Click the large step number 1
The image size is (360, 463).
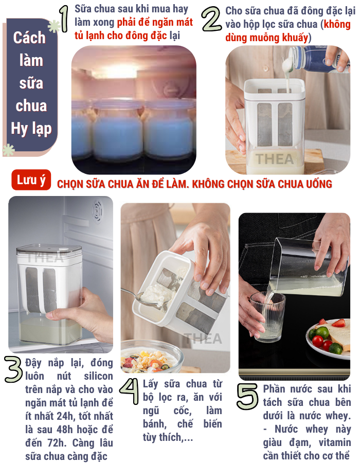[x=64, y=19]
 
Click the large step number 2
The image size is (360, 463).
[x=211, y=19]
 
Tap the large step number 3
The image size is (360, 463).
[x=13, y=369]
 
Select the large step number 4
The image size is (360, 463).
[x=129, y=391]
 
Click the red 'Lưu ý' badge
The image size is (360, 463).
[x=31, y=180]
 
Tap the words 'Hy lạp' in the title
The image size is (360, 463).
[x=31, y=129]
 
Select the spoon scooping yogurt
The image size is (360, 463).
[x=147, y=297]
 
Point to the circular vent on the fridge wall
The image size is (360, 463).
[x=97, y=210]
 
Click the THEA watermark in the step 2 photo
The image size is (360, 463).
[x=275, y=159]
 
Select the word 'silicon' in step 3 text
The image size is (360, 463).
[x=98, y=376]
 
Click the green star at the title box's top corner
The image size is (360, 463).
[x=54, y=26]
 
